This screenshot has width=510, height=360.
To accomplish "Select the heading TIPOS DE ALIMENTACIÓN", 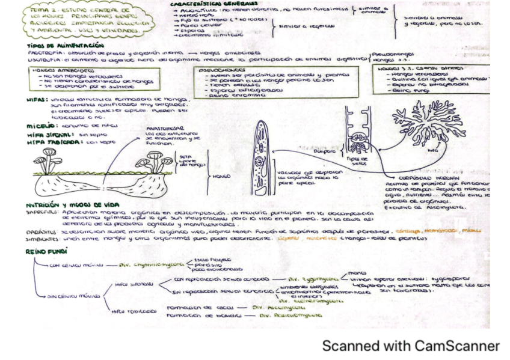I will click(x=66, y=45).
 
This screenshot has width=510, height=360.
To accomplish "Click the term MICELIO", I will click(x=40, y=126).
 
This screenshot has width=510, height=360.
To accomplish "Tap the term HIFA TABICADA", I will click(x=54, y=143).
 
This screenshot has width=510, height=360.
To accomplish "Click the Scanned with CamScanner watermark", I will click(x=410, y=346).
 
